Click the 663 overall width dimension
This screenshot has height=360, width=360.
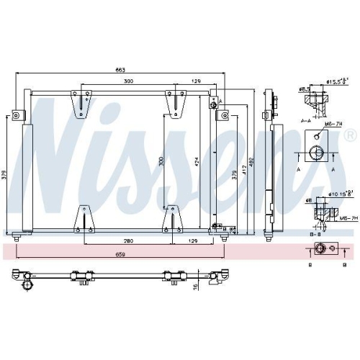pos(120,70)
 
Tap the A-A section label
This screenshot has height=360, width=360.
pos(305,121)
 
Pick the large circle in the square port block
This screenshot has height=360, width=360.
pos(316,152)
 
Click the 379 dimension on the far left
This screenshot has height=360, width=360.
pos(6,176)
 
